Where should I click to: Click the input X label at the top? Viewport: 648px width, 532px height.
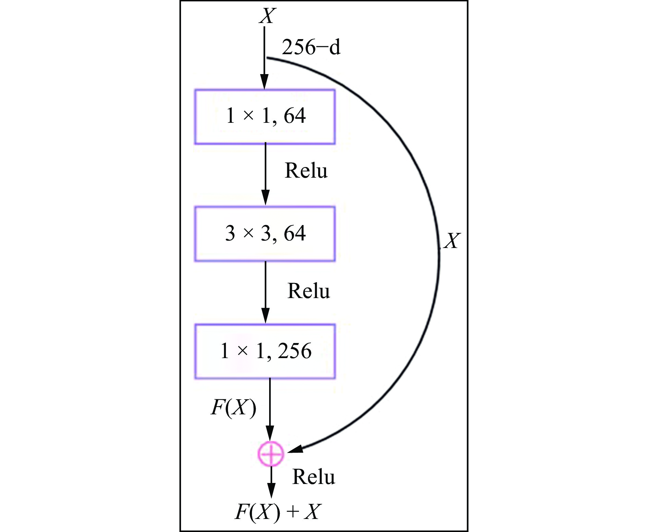pyautogui.click(x=267, y=16)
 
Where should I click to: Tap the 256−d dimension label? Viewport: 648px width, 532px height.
pyautogui.click(x=311, y=47)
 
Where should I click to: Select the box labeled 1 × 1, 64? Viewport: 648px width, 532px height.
pyautogui.click(x=265, y=117)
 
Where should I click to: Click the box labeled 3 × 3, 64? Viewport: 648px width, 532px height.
pyautogui.click(x=265, y=234)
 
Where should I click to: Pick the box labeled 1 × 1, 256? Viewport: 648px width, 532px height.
pyautogui.click(x=265, y=351)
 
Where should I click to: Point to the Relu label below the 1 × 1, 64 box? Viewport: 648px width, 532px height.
pyautogui.click(x=306, y=170)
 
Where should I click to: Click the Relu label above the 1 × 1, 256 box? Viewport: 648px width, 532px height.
pyautogui.click(x=309, y=291)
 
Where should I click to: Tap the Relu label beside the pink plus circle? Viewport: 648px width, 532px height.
pyautogui.click(x=313, y=477)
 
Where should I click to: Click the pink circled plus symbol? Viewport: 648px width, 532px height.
pyautogui.click(x=271, y=454)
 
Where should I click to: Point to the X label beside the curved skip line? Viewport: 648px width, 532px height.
pyautogui.click(x=452, y=241)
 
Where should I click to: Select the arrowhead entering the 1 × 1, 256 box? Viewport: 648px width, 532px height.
pyautogui.click(x=265, y=316)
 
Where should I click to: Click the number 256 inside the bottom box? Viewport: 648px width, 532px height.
pyautogui.click(x=295, y=351)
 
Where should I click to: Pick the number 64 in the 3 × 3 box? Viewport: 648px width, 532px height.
pyautogui.click(x=295, y=233)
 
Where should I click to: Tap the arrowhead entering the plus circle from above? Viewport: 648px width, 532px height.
pyautogui.click(x=270, y=434)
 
